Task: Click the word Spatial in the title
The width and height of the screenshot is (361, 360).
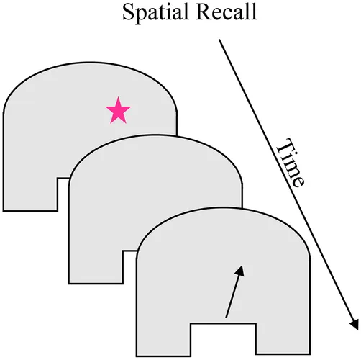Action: [x=155, y=12]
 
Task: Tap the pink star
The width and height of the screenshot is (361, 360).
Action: [x=118, y=110]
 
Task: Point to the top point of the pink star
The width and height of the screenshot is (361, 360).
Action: [x=118, y=97]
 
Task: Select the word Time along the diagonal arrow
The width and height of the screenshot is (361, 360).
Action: [x=291, y=163]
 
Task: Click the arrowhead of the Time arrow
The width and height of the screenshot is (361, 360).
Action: [x=355, y=325]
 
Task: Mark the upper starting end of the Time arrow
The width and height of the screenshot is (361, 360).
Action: [x=219, y=40]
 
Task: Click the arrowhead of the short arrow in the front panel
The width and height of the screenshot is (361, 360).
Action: [x=240, y=271]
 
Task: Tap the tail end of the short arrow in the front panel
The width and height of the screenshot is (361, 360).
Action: [x=226, y=318]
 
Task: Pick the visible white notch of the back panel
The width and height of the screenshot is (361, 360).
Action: [x=63, y=194]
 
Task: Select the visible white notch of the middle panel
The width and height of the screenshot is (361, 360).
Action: [x=129, y=267]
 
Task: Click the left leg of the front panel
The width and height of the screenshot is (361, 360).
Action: [x=164, y=340]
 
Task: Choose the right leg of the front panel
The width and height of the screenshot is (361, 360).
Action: [x=283, y=338]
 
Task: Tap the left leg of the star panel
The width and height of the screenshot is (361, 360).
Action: [x=31, y=194]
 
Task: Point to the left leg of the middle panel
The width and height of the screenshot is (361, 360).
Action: [x=96, y=267]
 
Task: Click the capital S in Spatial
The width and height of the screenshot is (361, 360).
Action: [x=128, y=12]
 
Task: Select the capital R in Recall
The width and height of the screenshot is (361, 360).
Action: [x=204, y=12]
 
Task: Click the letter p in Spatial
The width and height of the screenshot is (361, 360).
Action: [x=142, y=16]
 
